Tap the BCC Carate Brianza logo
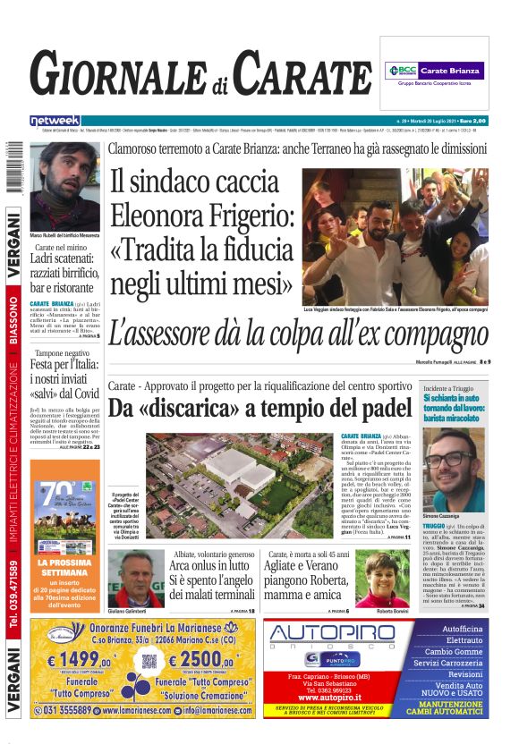pos(434,71)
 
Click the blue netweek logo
pos(55,120)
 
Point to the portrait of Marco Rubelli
pos(64,184)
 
